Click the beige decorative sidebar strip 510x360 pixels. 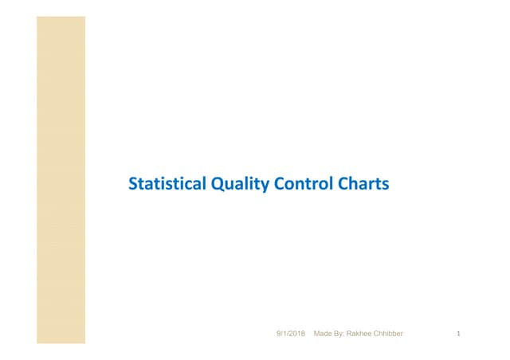[61, 179]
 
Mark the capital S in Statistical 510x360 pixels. [132, 185]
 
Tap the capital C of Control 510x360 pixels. [279, 185]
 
